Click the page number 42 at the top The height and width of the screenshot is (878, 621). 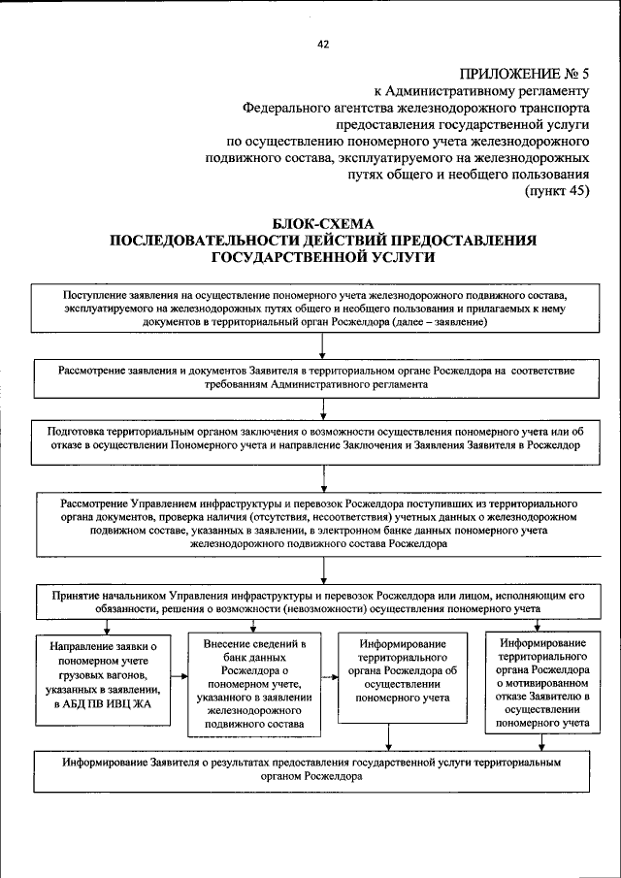323,43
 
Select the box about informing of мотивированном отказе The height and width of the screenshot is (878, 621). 542,683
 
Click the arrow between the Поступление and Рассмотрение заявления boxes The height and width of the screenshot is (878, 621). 322,346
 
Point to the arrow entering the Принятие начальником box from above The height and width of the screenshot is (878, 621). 322,571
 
